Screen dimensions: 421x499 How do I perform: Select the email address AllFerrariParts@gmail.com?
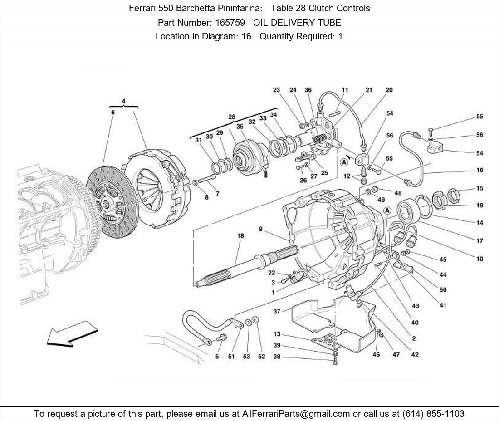click(296, 414)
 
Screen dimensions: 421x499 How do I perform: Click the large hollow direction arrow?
click(71, 334)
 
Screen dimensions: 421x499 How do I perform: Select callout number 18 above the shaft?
click(240, 235)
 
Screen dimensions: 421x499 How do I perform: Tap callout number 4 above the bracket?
click(124, 101)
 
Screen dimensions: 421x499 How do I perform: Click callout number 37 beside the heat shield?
click(277, 311)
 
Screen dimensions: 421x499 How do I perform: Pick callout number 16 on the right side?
click(479, 170)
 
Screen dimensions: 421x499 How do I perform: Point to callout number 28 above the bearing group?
click(232, 117)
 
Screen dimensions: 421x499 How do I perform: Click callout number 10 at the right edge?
click(479, 259)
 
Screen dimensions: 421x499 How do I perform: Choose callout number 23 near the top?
click(276, 90)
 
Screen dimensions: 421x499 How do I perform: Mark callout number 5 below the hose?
click(217, 357)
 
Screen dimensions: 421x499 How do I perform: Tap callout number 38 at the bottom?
click(277, 357)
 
